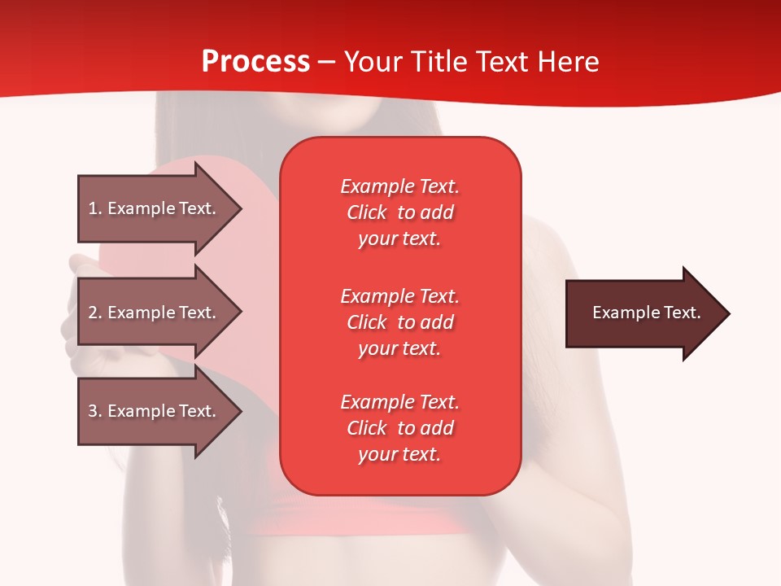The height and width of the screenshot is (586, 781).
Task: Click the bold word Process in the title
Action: [x=255, y=62]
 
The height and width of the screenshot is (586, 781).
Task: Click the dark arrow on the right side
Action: [x=643, y=313]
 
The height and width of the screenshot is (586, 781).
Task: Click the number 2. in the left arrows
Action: [x=95, y=313]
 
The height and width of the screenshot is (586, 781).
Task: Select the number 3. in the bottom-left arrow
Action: [x=95, y=411]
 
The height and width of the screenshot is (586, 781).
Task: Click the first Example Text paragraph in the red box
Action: [x=399, y=212]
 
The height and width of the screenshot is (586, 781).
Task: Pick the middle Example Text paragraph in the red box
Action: [x=399, y=322]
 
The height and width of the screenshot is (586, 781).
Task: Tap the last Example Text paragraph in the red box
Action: [x=399, y=428]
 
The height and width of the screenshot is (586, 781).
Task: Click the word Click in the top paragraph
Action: [x=366, y=212]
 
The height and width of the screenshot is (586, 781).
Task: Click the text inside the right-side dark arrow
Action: [x=646, y=313]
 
